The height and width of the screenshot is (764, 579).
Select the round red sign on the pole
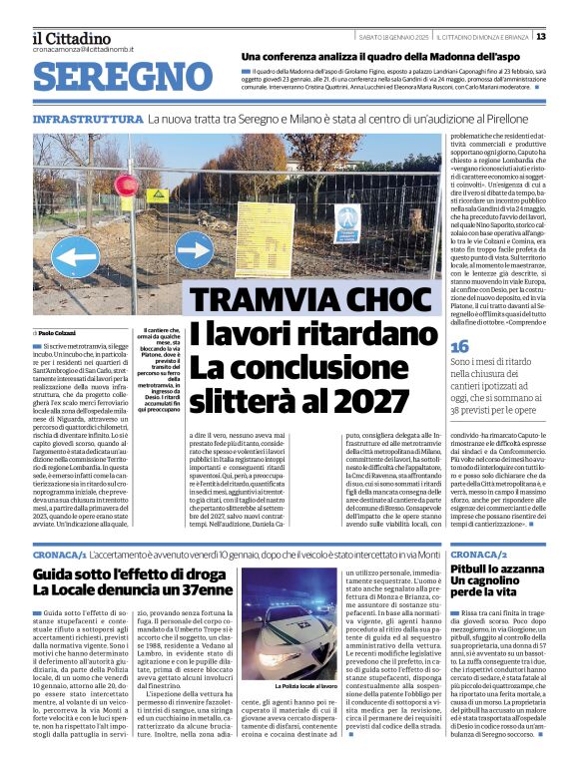tap(127, 186)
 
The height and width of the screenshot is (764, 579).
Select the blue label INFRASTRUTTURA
tap(87, 119)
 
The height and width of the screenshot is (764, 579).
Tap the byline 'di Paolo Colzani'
tap(58, 332)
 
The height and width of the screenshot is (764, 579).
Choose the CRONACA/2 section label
tap(478, 552)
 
